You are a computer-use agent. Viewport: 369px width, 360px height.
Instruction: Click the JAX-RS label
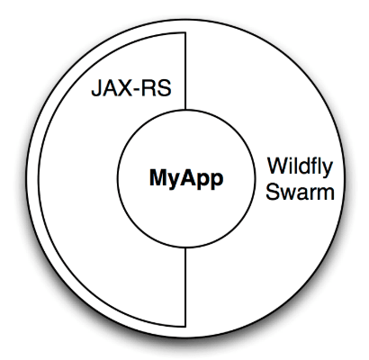[x=131, y=88]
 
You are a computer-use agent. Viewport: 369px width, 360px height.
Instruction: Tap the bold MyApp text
[x=186, y=179]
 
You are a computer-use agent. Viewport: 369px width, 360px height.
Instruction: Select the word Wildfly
[x=301, y=167]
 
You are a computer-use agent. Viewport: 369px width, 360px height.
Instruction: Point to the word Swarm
[x=300, y=192]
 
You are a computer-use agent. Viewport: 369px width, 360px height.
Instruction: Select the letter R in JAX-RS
[x=151, y=88]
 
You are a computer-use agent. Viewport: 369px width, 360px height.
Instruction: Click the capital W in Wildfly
[x=279, y=166]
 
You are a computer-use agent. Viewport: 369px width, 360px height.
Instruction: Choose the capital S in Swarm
[x=273, y=192]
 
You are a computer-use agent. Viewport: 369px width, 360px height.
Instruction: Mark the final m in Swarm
[x=326, y=193]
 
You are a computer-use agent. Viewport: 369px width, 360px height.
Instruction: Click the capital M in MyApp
[x=157, y=177]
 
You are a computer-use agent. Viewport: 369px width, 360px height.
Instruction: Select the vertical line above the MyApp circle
[x=185, y=71]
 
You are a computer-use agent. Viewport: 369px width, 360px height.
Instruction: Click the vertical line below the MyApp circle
[x=185, y=287]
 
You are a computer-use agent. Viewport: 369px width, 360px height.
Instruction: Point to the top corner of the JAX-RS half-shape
[x=185, y=32]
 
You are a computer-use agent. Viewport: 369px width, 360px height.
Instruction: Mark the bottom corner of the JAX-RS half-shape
[x=185, y=327]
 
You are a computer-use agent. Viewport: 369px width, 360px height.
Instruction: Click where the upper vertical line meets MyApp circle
[x=185, y=110]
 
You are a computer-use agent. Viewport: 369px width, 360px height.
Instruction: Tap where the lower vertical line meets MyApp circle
[x=185, y=247]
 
